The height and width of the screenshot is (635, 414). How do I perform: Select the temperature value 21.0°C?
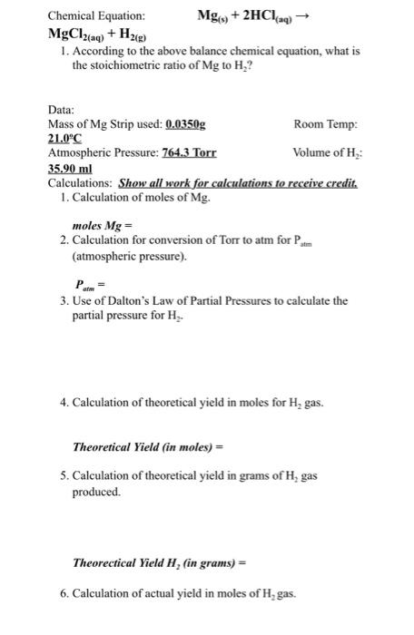click(x=65, y=139)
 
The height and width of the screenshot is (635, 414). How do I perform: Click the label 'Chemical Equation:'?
click(x=95, y=16)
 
